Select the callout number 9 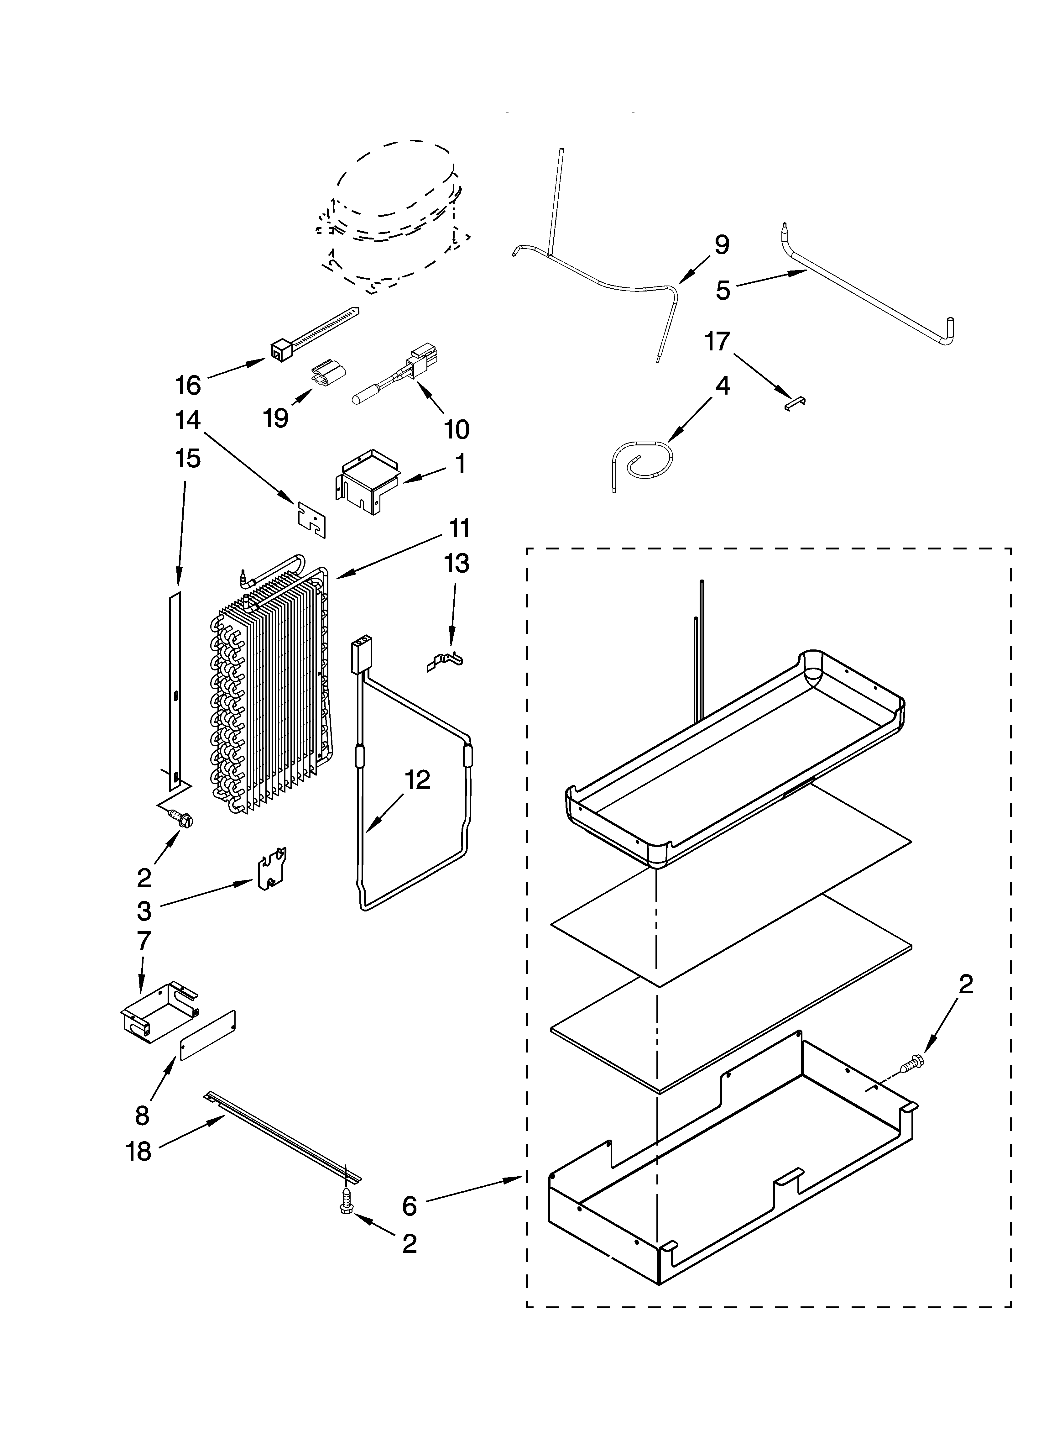point(721,245)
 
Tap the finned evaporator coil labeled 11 point(268,690)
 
